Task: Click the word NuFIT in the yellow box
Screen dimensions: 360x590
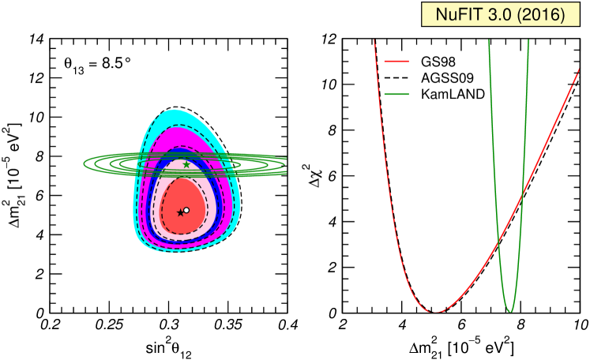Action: click(x=460, y=15)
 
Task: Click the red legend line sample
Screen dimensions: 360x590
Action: click(x=396, y=61)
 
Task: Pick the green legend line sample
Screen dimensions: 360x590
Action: click(x=396, y=94)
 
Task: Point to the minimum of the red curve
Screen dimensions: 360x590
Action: click(x=434, y=312)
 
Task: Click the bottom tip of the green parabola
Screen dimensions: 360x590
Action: click(x=510, y=311)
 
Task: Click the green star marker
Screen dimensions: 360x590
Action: click(x=186, y=165)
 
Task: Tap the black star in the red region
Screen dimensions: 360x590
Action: click(x=180, y=212)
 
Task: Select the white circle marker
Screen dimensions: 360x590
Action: click(x=186, y=210)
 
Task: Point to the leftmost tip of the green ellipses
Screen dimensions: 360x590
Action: click(x=85, y=164)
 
